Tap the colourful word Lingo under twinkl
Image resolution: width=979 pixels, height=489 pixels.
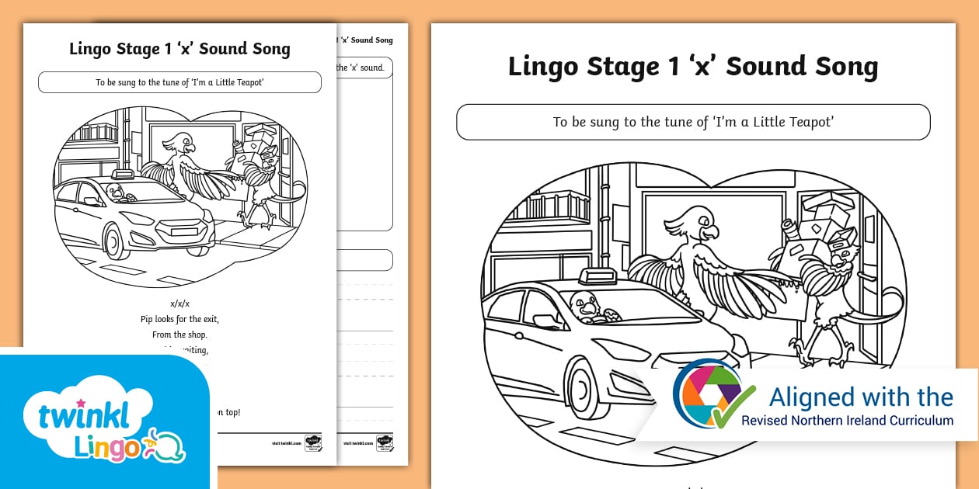[107, 448]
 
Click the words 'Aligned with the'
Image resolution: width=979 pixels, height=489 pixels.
[861, 397]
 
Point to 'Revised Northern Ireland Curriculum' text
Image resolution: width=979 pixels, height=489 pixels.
[847, 421]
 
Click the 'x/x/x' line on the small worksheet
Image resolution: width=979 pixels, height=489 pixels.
[179, 303]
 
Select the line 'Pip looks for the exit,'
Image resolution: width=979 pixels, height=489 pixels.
[179, 319]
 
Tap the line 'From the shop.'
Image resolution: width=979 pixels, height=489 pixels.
[179, 335]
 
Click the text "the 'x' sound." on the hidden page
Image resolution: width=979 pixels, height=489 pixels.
[360, 68]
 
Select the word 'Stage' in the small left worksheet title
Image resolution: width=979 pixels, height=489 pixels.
[138, 49]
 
